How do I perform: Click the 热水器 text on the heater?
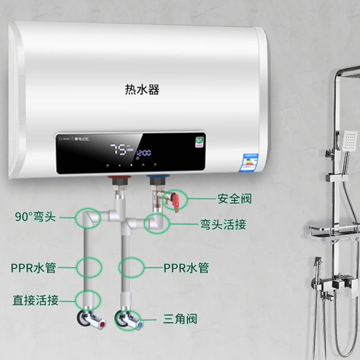coord(142,90)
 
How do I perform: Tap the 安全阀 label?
coord(234,198)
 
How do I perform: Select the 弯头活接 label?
coord(223,224)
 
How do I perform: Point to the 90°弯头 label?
coord(35,217)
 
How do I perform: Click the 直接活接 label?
coord(35,300)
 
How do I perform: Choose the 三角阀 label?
coord(180,320)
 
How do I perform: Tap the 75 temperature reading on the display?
coord(120,150)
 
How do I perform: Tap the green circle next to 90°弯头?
coord(88,219)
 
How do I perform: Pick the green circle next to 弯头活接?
coord(156,223)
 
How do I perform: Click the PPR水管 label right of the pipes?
coord(186,268)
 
